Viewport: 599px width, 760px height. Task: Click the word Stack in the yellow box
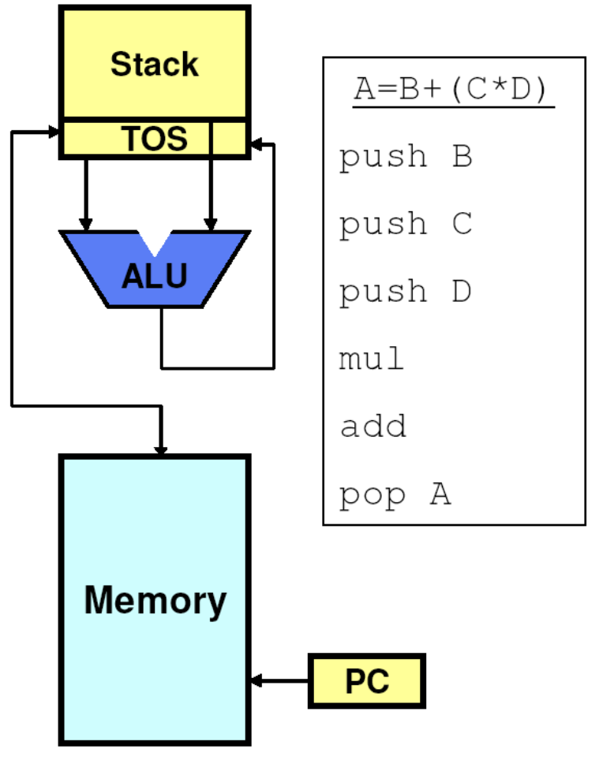coord(154,64)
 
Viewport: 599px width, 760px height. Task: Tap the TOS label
coord(155,139)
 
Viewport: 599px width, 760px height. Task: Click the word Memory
coord(155,600)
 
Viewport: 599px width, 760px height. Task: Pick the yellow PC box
coord(367,680)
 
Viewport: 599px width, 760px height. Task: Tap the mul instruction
coord(372,360)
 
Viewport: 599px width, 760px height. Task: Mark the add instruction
coord(373,427)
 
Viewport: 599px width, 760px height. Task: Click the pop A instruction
coord(395,495)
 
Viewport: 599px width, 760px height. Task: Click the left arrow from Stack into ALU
coord(86,193)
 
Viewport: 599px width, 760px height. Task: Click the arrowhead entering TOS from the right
coord(256,145)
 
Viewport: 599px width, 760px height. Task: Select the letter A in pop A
coord(440,494)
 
